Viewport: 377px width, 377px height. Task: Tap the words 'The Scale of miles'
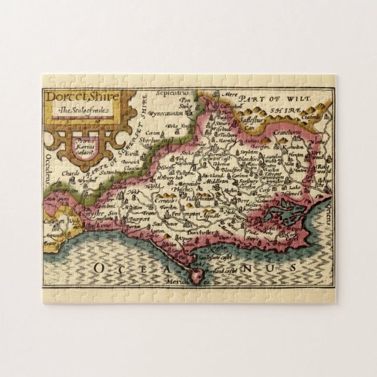click(x=83, y=110)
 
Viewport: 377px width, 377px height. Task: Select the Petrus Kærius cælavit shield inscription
click(x=87, y=144)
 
